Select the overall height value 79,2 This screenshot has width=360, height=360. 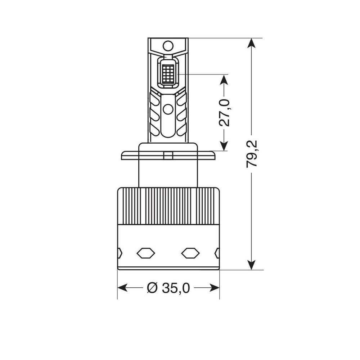coord(252,154)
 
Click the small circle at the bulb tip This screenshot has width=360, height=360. coord(168,45)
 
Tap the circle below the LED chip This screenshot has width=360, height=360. coord(168,108)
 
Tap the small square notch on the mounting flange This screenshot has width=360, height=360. coord(168,155)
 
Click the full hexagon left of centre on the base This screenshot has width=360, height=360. coord(146,253)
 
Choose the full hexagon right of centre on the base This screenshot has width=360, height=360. coord(190,253)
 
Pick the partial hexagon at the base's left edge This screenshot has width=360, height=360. coord(120,253)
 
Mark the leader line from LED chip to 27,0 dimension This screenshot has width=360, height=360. coord(202,75)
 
